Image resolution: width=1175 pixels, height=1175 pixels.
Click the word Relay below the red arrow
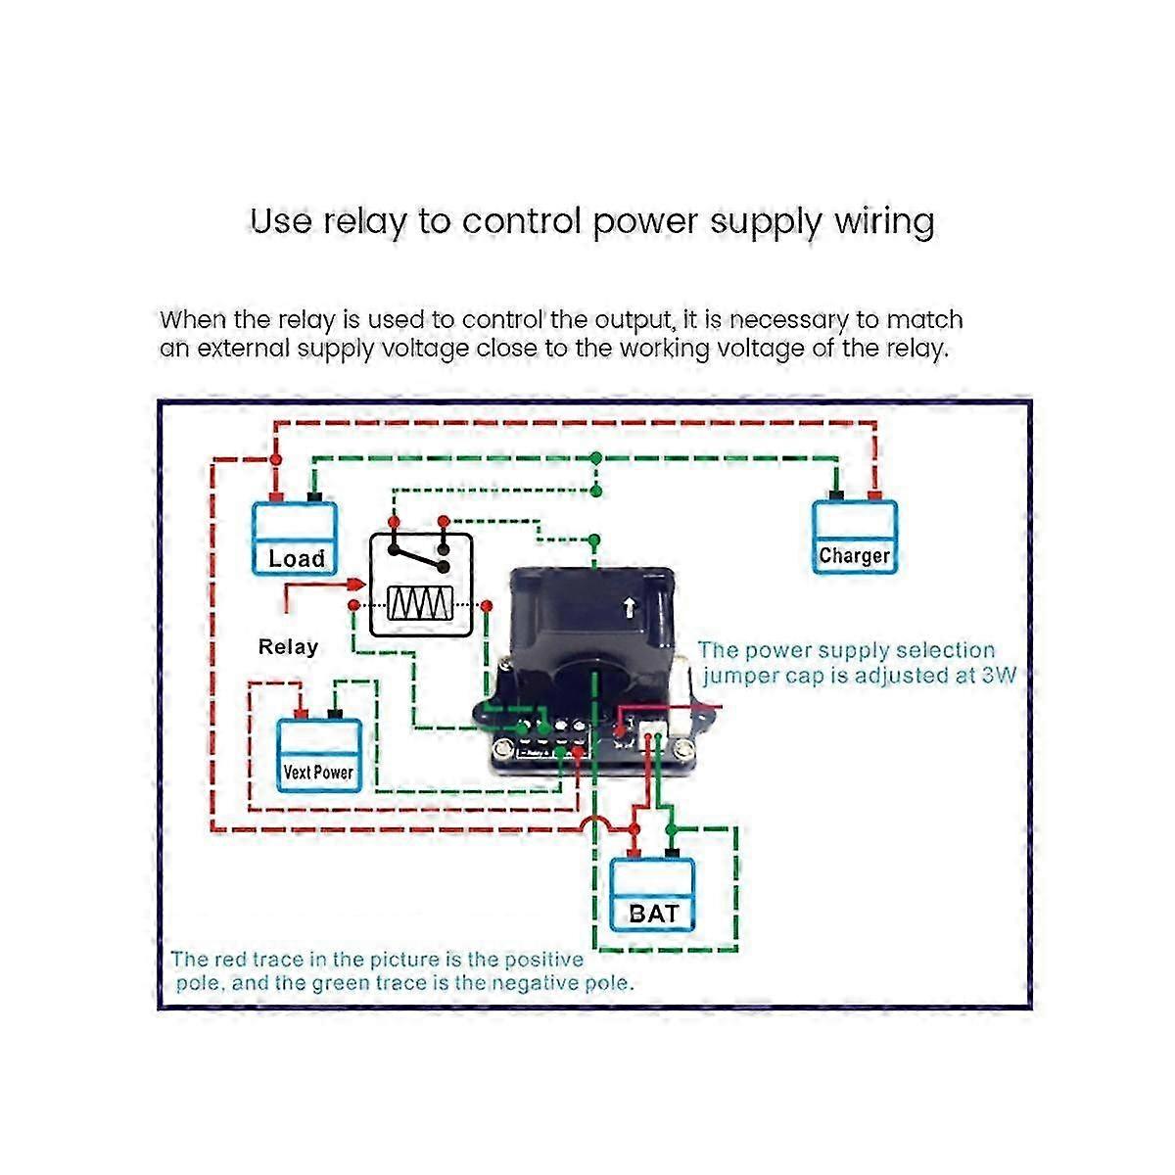pos(288,646)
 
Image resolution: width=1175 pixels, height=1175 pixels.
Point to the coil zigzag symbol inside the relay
pos(420,604)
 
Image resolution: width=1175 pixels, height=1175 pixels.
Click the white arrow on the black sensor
pos(628,609)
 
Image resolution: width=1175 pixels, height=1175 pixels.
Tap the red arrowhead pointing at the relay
pos(355,585)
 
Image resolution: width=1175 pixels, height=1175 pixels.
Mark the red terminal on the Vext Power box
pos(303,714)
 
